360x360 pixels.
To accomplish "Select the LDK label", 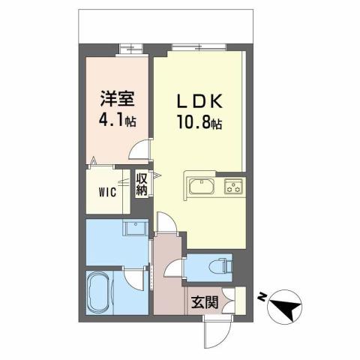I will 198,100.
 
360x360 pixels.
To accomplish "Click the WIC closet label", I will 107,191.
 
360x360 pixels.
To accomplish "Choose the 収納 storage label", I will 142,185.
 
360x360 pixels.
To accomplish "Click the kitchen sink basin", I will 202,186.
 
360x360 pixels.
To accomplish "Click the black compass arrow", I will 287,304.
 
